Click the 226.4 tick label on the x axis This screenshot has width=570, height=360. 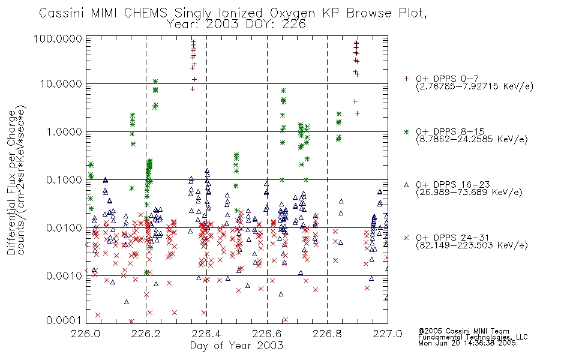pos(206,334)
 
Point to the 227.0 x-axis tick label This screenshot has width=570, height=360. pos(388,334)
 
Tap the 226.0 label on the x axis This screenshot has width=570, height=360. pos(86,334)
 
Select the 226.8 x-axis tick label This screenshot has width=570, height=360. pos(327,334)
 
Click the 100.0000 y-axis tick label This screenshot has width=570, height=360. pos(58,38)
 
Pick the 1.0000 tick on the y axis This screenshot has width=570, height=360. pos(64,131)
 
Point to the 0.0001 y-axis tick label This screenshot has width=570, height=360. pos(64,320)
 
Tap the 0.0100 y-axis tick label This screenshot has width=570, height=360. pos(64,228)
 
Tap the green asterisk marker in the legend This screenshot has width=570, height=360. pos(406,131)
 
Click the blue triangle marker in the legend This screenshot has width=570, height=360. pos(406,185)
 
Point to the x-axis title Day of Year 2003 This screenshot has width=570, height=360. pos(236,346)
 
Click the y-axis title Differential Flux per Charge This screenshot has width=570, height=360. pos(11,182)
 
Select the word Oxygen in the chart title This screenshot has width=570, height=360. pos(292,14)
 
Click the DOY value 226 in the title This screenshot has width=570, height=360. pos(294,25)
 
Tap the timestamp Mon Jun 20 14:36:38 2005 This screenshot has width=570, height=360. pos(467,343)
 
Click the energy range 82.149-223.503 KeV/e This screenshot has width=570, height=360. pos(472,245)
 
